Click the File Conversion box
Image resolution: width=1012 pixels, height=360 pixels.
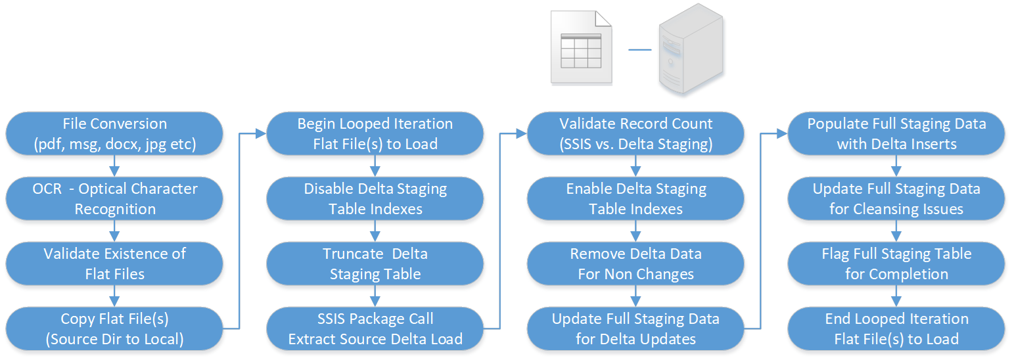click(115, 133)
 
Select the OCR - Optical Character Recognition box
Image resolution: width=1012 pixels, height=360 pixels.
click(115, 198)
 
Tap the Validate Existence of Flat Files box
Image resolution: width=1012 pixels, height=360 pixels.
click(115, 263)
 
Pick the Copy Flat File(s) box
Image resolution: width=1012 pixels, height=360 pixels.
click(115, 328)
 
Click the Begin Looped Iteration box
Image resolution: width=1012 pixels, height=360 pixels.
click(375, 133)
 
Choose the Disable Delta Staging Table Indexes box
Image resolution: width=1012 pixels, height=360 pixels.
click(375, 198)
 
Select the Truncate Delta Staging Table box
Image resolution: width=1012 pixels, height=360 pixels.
click(375, 263)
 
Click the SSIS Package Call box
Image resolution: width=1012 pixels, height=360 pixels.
click(375, 328)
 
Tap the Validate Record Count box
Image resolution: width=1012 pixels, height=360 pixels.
click(635, 133)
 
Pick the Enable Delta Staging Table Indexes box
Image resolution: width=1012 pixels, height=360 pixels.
click(635, 198)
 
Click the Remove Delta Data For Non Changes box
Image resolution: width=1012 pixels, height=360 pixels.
click(635, 263)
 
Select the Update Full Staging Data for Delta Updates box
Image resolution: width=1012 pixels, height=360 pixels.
click(635, 328)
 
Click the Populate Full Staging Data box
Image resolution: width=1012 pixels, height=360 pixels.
click(896, 133)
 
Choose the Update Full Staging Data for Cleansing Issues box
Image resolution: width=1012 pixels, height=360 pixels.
click(896, 198)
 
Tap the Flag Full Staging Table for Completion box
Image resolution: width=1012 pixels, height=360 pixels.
click(896, 263)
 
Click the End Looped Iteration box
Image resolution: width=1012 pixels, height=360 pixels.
click(896, 328)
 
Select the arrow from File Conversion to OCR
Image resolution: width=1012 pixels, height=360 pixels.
click(115, 166)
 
